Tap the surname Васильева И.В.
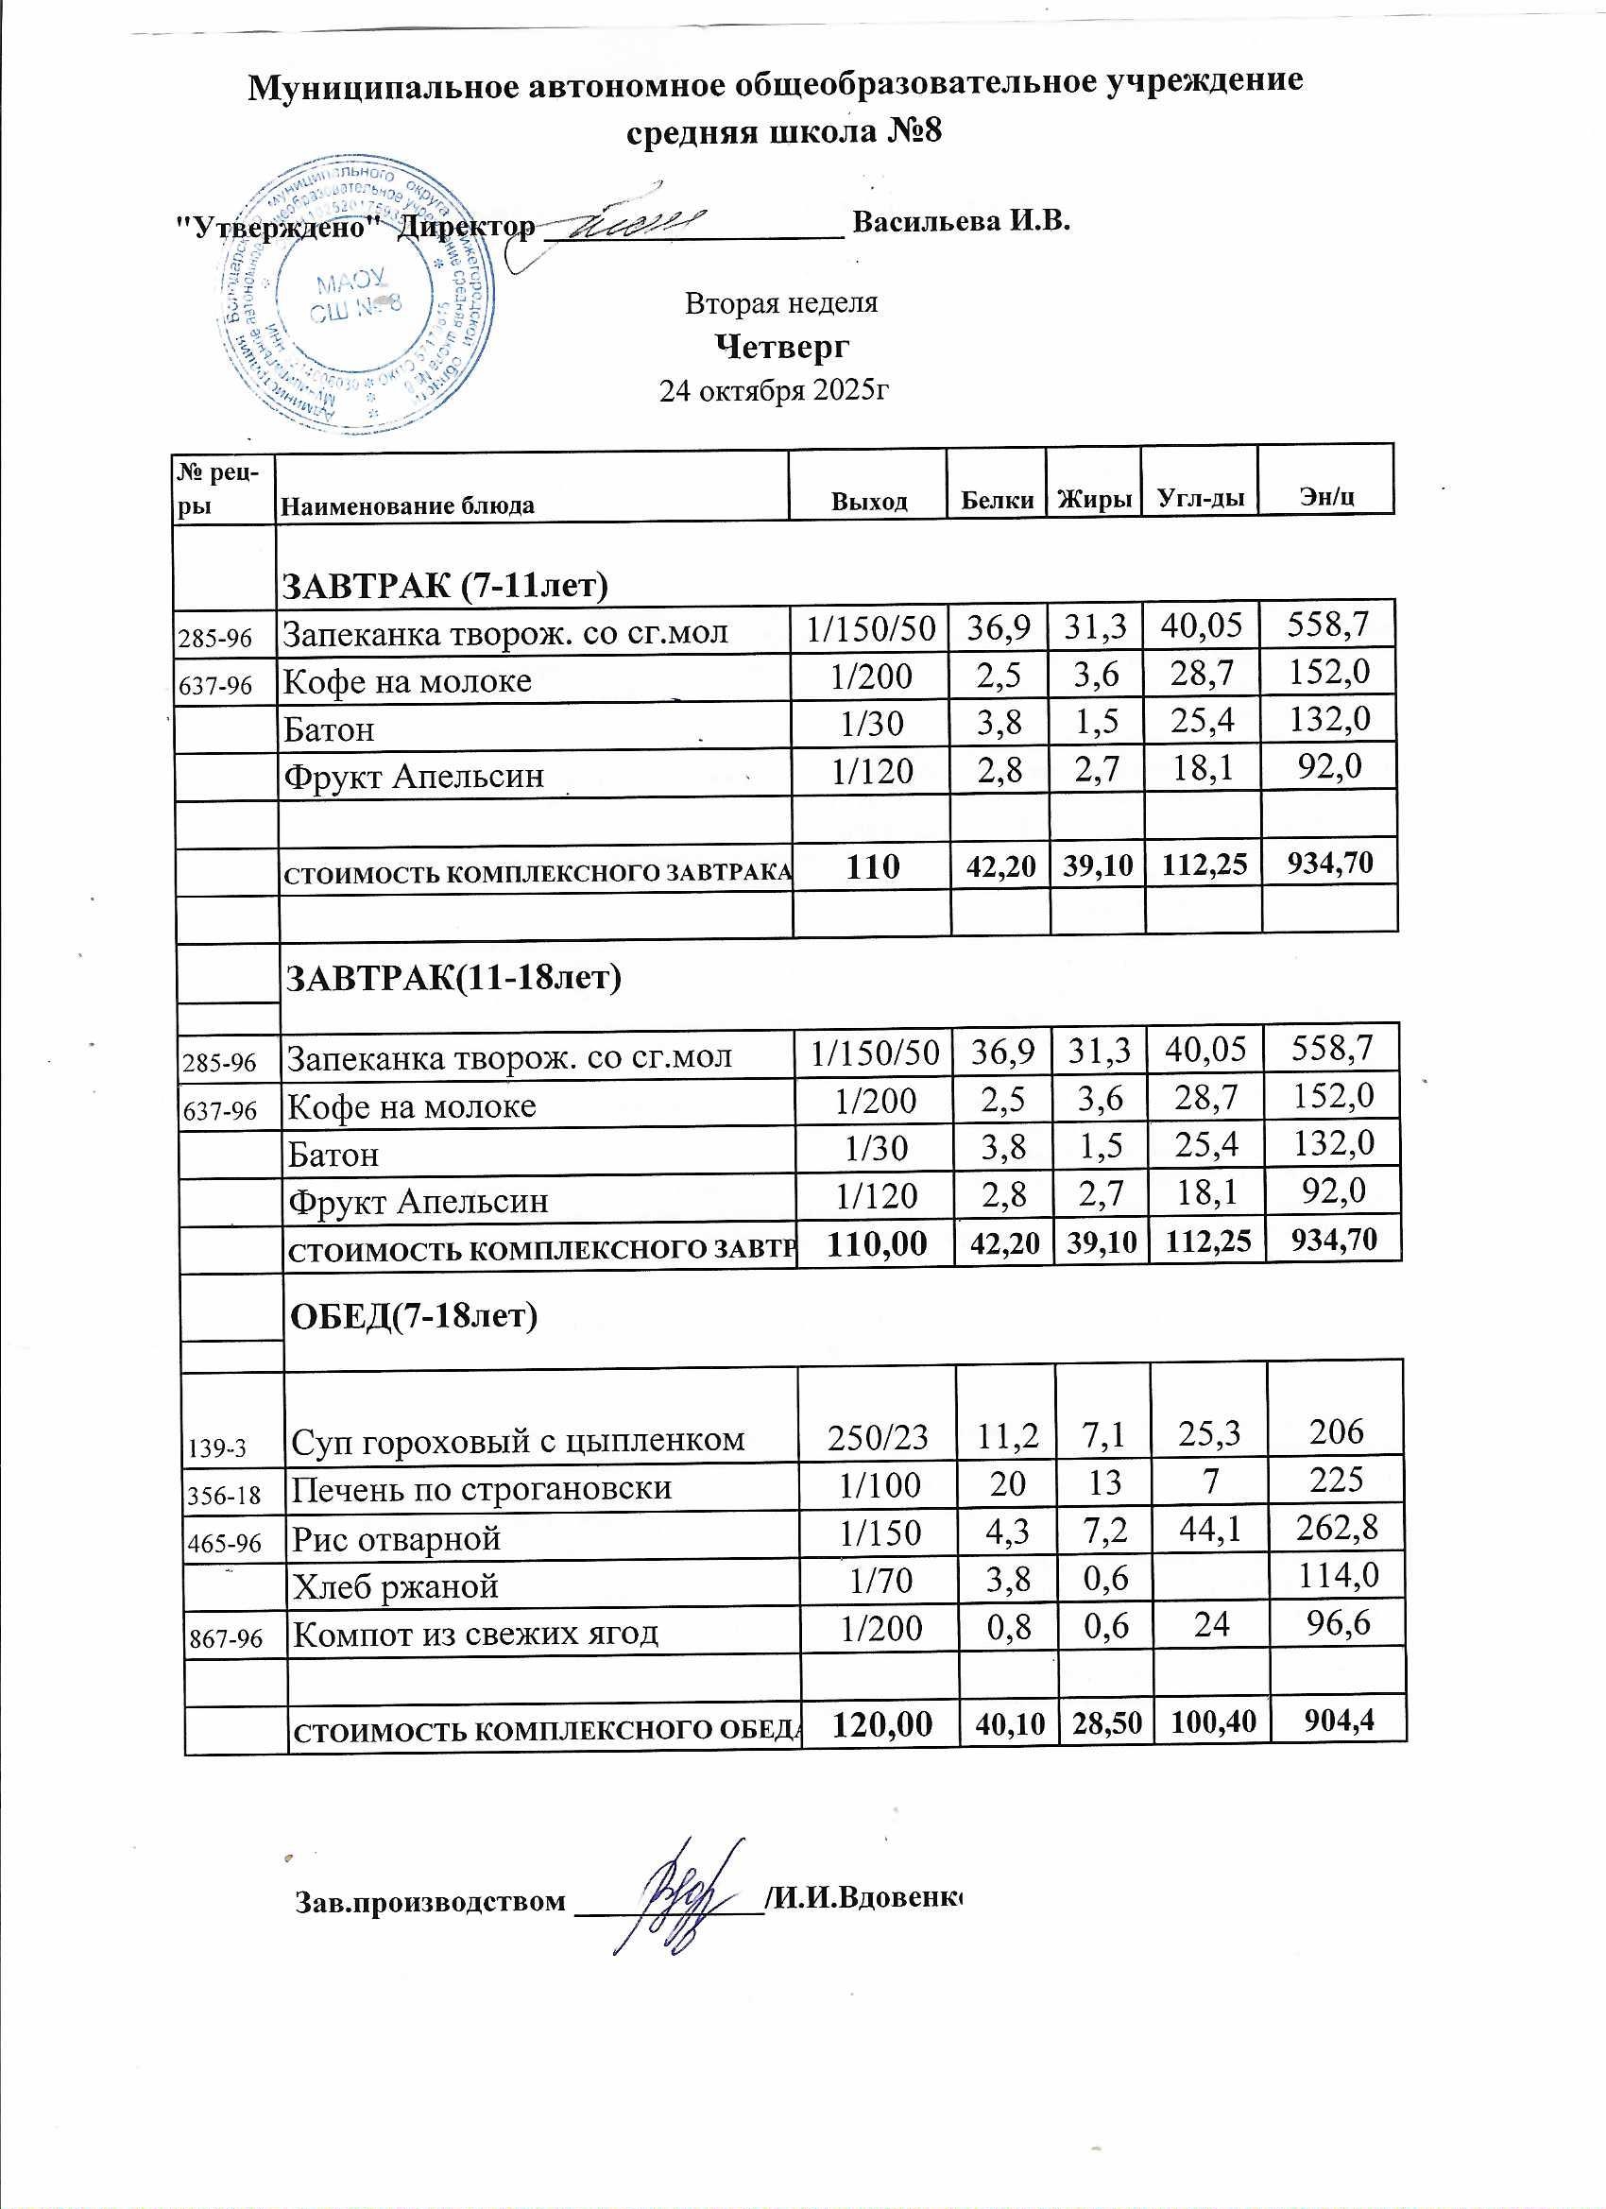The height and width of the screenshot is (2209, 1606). coord(962,221)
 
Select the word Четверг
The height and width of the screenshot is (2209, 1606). coord(782,346)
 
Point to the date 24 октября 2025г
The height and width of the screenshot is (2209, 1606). coord(775,390)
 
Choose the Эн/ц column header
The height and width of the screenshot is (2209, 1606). coord(1326,498)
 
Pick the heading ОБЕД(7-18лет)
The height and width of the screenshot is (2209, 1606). coord(415,1315)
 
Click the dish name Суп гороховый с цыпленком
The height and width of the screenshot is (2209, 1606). coord(518,1439)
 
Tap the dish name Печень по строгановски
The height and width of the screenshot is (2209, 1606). coord(482,1487)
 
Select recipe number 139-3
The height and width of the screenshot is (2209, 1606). coord(216,1448)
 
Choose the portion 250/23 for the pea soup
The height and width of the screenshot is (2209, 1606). coord(877,1437)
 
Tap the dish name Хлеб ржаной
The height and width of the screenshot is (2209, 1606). coord(396,1586)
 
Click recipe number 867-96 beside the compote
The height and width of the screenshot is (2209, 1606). coord(225,1638)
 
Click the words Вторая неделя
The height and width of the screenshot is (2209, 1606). coord(781,303)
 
